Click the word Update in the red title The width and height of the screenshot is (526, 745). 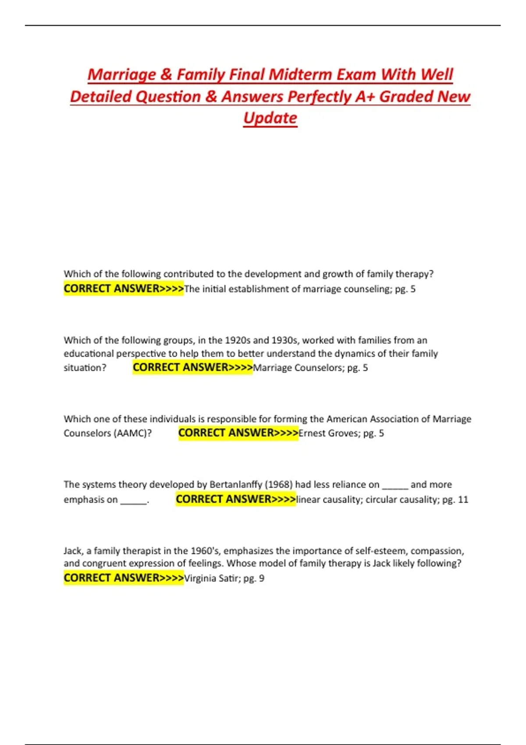(x=270, y=118)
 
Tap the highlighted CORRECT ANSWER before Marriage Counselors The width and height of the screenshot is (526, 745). (x=193, y=367)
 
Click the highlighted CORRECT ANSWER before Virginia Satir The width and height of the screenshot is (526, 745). (x=124, y=578)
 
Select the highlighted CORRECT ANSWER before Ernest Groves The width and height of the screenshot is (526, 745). (x=238, y=433)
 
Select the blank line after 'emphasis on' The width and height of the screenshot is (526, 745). (x=133, y=500)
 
